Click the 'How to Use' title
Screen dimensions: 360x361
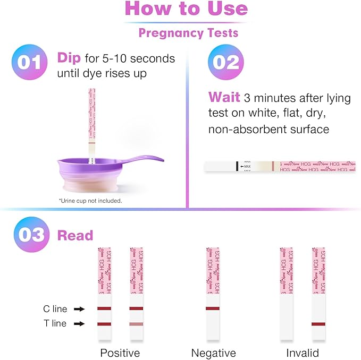point(186,9)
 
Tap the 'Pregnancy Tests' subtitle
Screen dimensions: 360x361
point(188,33)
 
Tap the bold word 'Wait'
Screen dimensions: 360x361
point(223,97)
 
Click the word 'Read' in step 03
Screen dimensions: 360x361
point(75,236)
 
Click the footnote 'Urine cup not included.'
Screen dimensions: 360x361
point(90,201)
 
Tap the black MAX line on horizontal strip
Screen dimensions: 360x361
point(237,167)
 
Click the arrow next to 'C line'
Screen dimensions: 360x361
point(79,308)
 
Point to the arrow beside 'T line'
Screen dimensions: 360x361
point(79,323)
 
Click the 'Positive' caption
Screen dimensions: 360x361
point(120,353)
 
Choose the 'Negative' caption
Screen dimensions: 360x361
point(213,353)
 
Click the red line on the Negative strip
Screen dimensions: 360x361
point(212,308)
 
